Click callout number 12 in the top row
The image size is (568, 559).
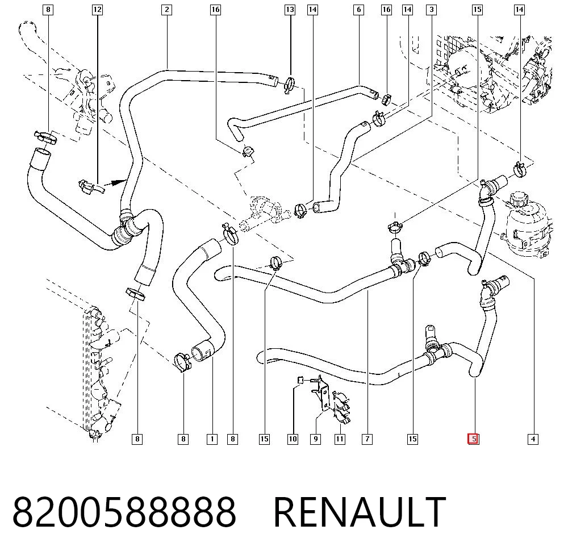coord(97,10)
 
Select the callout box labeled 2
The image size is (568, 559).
coord(166,10)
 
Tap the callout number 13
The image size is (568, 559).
coord(290,10)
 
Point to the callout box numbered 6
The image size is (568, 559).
coord(358,10)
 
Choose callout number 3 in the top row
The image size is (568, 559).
coord(431,10)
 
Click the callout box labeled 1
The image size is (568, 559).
coord(212,439)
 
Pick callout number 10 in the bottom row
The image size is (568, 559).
coord(293,439)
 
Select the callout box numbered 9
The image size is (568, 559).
coord(315,439)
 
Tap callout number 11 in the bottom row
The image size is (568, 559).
coord(340,439)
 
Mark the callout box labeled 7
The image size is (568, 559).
coord(367,439)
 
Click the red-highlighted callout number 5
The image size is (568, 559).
coord(473,439)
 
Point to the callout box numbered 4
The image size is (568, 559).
coord(533,439)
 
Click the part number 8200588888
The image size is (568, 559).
coord(124,512)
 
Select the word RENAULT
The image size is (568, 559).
coord(360,512)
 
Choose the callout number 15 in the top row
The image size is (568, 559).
coord(478,10)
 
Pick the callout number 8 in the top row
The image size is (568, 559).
coord(48,10)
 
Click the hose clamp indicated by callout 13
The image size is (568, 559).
coord(290,85)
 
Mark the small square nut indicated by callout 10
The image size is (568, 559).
coord(300,380)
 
